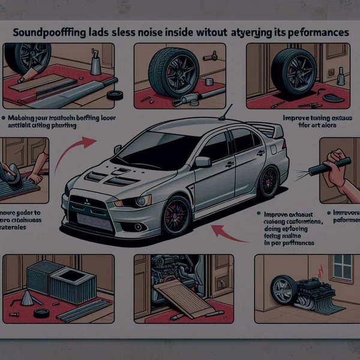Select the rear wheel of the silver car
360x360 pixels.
pos(268,182)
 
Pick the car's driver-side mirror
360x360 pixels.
pos(203,161)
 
